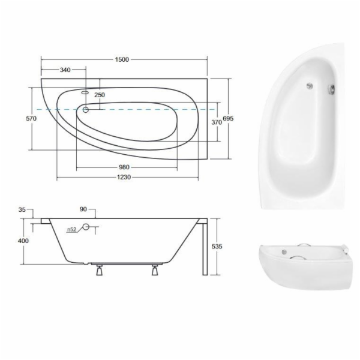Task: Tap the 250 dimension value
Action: click(99, 95)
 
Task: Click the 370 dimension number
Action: click(217, 122)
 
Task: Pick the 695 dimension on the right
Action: click(228, 119)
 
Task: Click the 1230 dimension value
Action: click(124, 178)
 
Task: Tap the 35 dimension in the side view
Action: click(23, 210)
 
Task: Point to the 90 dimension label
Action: click(83, 209)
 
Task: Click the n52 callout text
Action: click(71, 229)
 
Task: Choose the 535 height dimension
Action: click(218, 247)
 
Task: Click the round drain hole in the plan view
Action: click(86, 110)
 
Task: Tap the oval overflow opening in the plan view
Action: click(84, 94)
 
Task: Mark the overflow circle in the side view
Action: click(85, 227)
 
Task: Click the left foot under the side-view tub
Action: click(98, 271)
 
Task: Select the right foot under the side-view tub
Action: click(156, 271)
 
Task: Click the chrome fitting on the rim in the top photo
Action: click(331, 91)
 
